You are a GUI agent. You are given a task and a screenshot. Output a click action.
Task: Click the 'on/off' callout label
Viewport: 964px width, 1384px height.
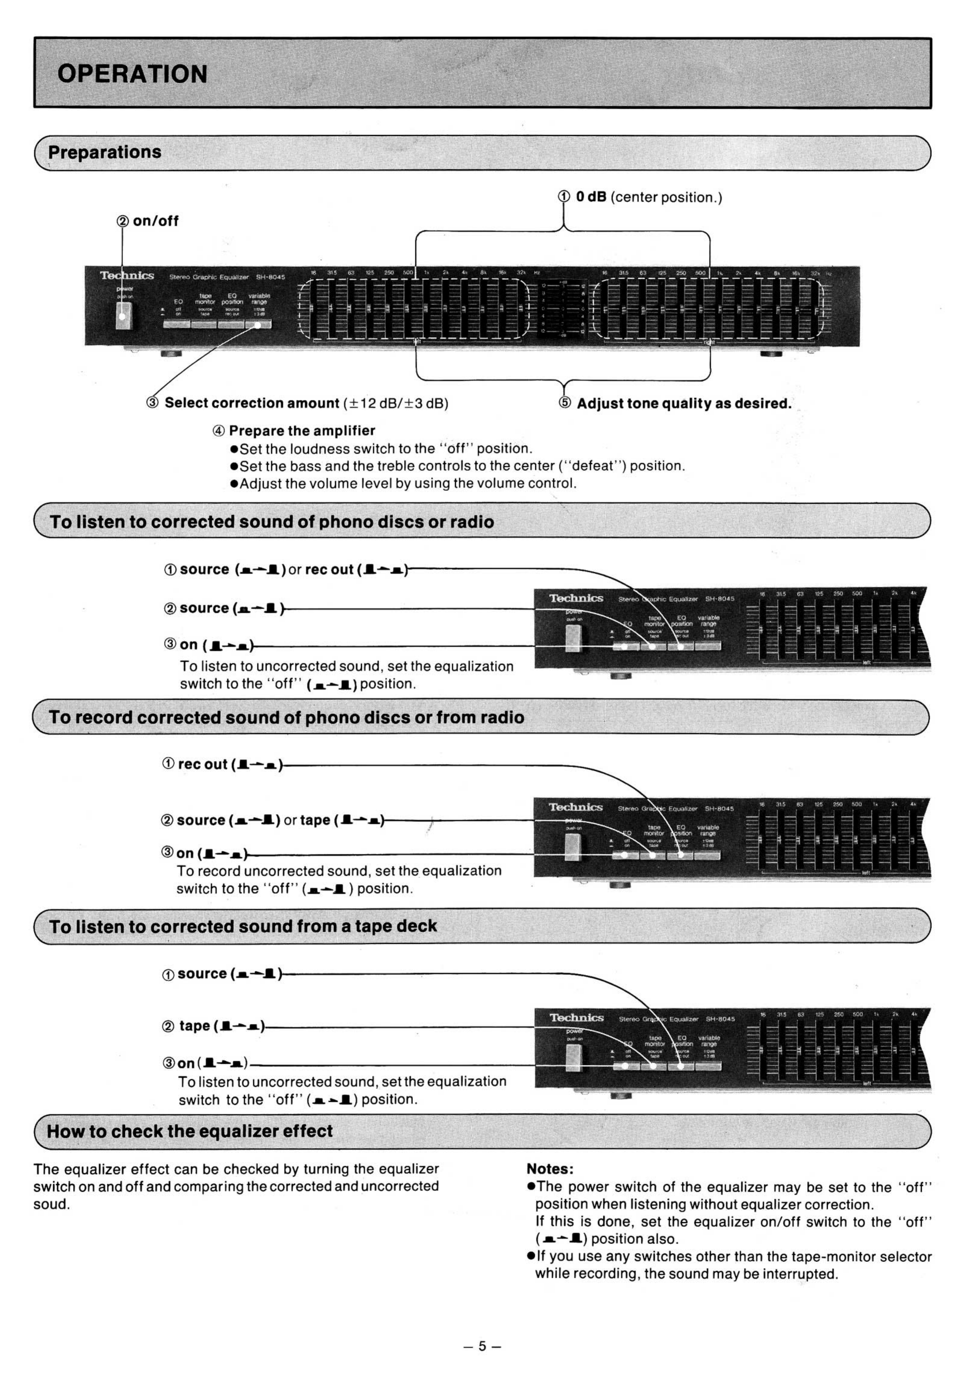155,221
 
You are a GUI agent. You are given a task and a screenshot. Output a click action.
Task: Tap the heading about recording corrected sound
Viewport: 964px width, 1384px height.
286,717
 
